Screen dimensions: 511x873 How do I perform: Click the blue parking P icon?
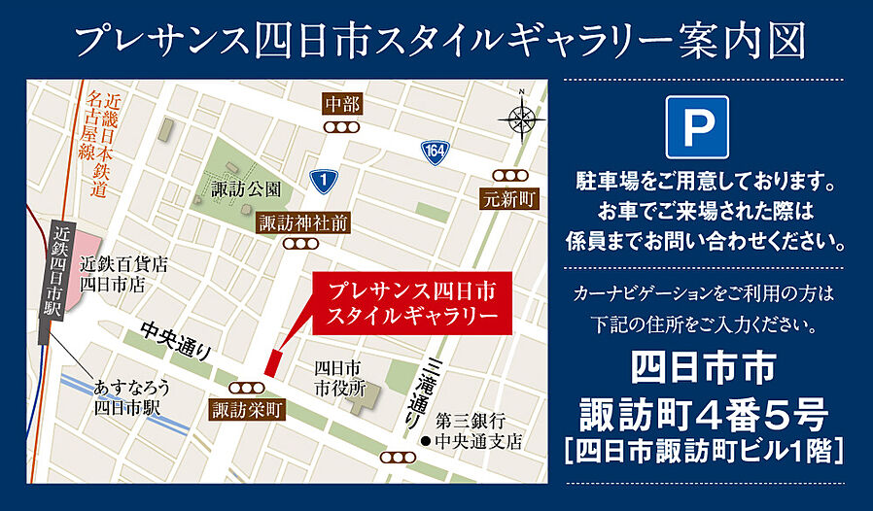click(x=697, y=126)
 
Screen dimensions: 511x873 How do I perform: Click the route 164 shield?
click(x=434, y=151)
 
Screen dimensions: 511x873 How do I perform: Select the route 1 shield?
click(x=322, y=178)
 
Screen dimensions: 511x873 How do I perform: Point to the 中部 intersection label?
click(x=343, y=103)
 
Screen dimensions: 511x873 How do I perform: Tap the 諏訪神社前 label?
click(x=302, y=222)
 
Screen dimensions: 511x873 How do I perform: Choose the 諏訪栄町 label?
click(x=248, y=411)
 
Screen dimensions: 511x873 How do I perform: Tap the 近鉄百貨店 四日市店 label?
click(x=124, y=273)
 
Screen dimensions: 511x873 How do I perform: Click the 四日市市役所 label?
click(x=337, y=378)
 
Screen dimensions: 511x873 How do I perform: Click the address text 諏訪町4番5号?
click(x=703, y=416)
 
